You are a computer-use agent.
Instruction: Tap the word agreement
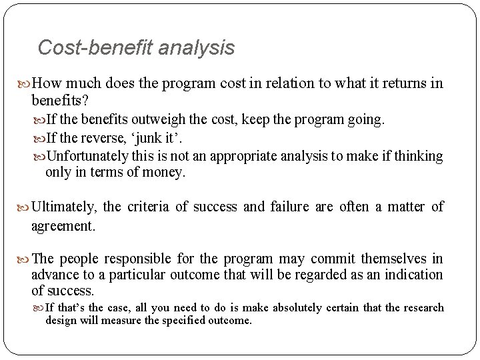[63, 226]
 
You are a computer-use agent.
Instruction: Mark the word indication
[412, 275]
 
